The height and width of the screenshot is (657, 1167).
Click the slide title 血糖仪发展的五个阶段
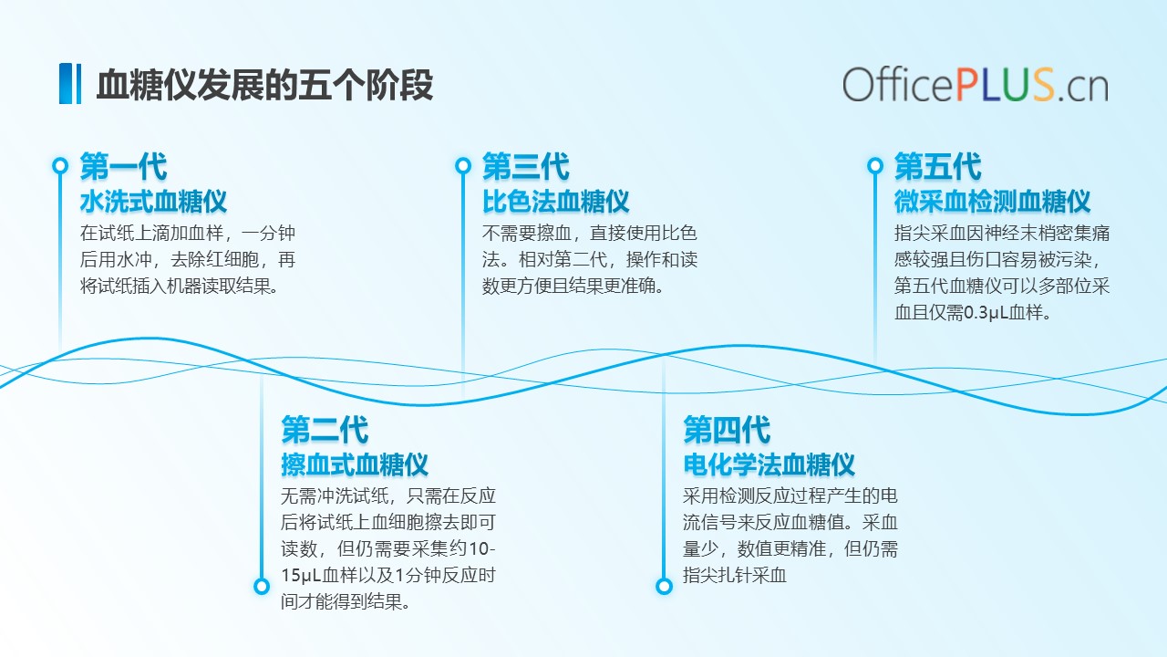point(264,85)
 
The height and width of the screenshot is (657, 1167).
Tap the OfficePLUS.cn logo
point(976,85)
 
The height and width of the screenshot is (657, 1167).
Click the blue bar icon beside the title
point(70,83)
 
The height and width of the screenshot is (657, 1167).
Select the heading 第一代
point(123,166)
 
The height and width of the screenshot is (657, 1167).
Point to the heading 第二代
point(325,430)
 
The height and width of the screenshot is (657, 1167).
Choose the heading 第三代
point(526,166)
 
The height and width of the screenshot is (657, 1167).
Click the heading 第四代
point(727,430)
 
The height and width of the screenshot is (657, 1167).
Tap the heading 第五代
point(938,166)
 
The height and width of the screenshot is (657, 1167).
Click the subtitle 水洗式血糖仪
point(154,202)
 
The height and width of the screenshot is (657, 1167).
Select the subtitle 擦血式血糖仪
point(355,464)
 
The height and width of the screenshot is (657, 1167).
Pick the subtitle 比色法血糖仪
point(556,202)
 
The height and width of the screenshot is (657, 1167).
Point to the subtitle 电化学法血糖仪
point(769,464)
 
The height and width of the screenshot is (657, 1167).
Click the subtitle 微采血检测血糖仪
point(993,202)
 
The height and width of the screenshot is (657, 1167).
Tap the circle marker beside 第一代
point(60,166)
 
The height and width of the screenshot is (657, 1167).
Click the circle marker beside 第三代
point(462,166)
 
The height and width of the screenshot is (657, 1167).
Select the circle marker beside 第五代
point(875,166)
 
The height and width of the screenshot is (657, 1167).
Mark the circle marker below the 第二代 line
point(262,586)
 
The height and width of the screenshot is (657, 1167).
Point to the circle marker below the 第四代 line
point(664,586)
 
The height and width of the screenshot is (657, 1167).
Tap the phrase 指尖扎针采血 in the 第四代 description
point(735,575)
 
